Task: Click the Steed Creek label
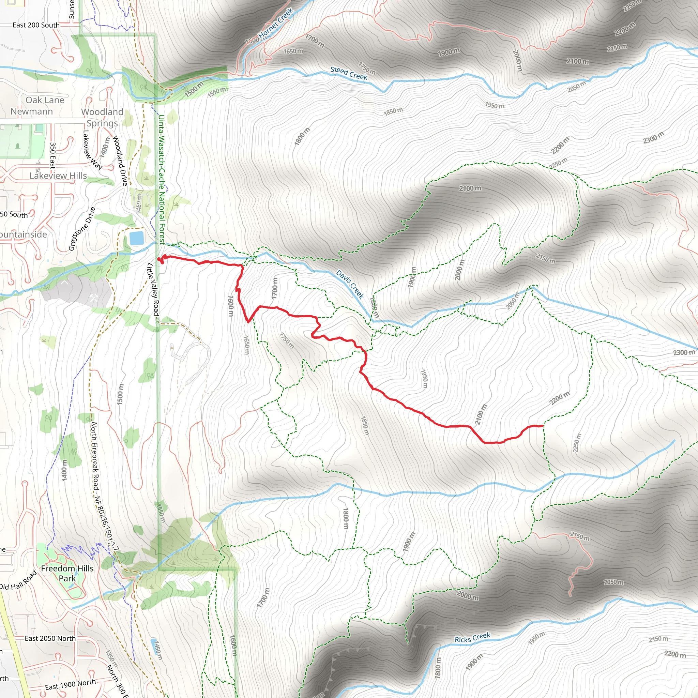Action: [x=349, y=73]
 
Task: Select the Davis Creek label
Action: [x=350, y=284]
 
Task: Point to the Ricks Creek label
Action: [x=472, y=638]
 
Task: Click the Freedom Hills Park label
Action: [x=67, y=573]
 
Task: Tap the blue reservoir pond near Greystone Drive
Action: [x=137, y=238]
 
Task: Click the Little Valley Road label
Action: [x=153, y=289]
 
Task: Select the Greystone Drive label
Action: [x=82, y=229]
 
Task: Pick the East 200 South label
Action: [x=36, y=25]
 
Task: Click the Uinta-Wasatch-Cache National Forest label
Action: [x=162, y=179]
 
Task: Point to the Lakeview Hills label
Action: [x=58, y=176]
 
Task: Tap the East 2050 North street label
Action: [x=50, y=638]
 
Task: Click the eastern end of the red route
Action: [x=543, y=426]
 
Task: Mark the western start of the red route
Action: [x=159, y=259]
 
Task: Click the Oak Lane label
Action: [x=45, y=100]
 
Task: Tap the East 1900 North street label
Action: [x=71, y=684]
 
